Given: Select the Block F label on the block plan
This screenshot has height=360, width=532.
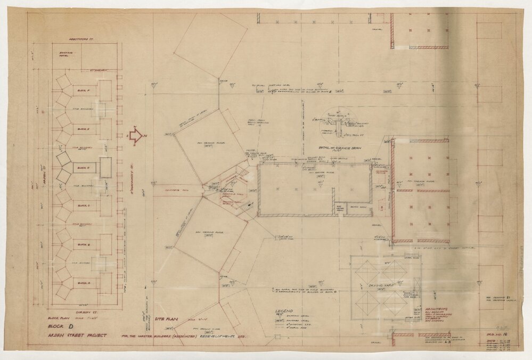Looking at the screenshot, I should pos(83,91).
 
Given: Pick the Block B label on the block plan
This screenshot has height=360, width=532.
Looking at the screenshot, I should pos(83,244).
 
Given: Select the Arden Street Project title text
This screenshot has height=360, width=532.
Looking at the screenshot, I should pos(75,336).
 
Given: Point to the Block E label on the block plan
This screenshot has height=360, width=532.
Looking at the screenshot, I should pos(83,128).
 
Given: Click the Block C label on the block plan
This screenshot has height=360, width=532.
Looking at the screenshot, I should pos(83,205).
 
